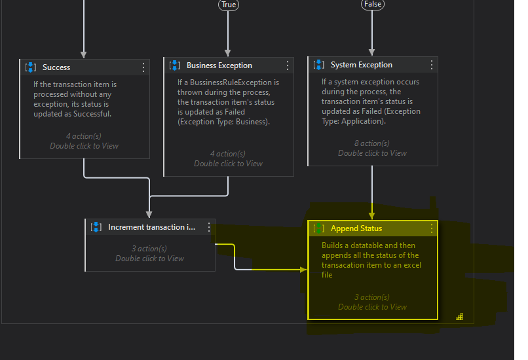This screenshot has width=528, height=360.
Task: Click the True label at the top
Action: (x=228, y=5)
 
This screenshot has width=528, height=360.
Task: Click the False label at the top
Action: (x=372, y=5)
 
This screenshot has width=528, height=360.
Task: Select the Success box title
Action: (x=56, y=67)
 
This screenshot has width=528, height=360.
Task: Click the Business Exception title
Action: (x=219, y=65)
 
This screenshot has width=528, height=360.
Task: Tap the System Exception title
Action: (x=361, y=65)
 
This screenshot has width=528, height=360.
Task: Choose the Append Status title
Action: (x=356, y=228)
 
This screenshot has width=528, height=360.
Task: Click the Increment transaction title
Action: (x=151, y=227)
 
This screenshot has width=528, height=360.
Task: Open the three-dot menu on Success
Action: (x=143, y=67)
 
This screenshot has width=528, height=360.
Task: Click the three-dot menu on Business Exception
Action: (x=288, y=65)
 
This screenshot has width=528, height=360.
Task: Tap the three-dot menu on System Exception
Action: (x=432, y=65)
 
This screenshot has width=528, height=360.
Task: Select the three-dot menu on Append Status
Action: (x=432, y=228)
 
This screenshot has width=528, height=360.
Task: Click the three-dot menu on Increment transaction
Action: (x=209, y=227)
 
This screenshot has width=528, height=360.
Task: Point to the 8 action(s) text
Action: (x=372, y=143)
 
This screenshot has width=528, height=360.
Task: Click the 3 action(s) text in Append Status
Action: (x=372, y=297)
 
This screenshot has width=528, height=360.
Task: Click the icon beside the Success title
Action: (x=31, y=67)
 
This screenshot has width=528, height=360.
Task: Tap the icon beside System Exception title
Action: (x=319, y=65)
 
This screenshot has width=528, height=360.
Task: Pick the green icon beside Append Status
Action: (x=319, y=228)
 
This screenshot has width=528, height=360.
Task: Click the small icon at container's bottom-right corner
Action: (x=460, y=317)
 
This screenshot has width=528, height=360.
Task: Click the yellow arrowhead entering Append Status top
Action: (x=372, y=215)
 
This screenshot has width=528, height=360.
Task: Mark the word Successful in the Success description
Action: (x=92, y=114)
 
